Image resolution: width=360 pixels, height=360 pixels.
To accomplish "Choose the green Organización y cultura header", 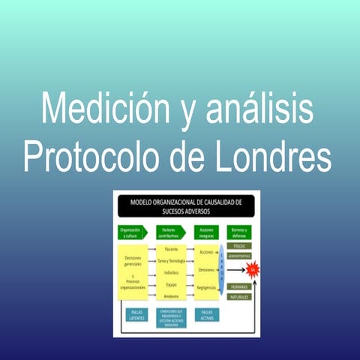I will tap(132, 232).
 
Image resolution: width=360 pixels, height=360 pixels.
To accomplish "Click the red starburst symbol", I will tap(253, 265).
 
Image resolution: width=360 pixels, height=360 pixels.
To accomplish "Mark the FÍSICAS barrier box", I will tap(239, 245).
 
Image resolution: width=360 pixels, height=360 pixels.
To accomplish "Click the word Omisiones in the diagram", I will tap(206, 268).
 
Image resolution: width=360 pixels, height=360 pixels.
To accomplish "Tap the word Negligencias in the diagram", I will tap(206, 287).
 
